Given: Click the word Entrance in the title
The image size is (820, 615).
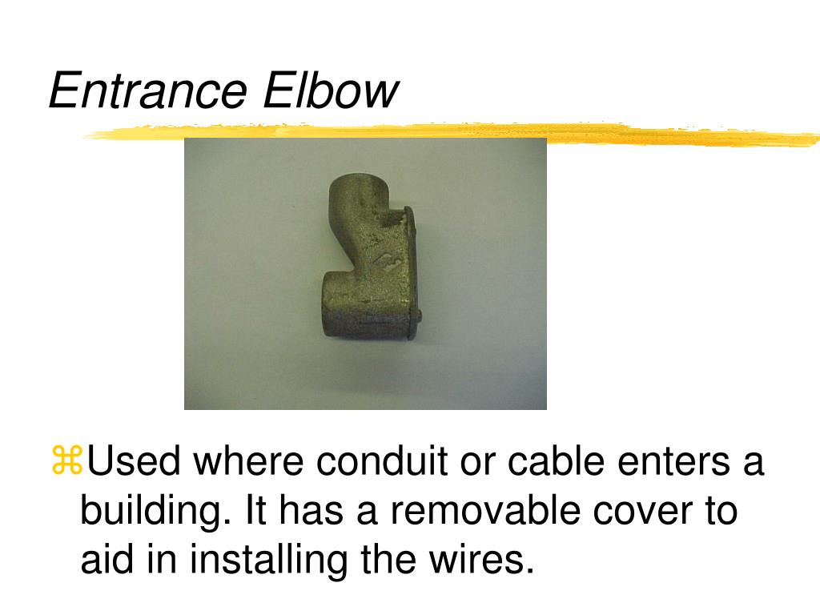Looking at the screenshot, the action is pyautogui.click(x=147, y=90).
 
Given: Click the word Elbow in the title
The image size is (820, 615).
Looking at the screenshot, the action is pyautogui.click(x=331, y=90).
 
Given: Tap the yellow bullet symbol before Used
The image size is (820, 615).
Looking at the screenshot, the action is pyautogui.click(x=67, y=460).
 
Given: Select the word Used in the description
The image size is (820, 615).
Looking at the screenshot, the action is pyautogui.click(x=134, y=460).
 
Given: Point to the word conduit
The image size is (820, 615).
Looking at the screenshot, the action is pyautogui.click(x=382, y=460).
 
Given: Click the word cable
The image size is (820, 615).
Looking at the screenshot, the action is pyautogui.click(x=557, y=460).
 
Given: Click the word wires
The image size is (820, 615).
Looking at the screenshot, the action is pyautogui.click(x=482, y=558).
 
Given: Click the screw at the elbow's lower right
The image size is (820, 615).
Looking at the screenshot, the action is pyautogui.click(x=417, y=316).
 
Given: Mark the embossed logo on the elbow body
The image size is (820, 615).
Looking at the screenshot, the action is pyautogui.click(x=389, y=259).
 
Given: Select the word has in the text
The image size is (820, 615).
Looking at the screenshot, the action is pyautogui.click(x=312, y=509).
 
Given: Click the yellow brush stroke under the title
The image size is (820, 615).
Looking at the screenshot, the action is pyautogui.click(x=450, y=133).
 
